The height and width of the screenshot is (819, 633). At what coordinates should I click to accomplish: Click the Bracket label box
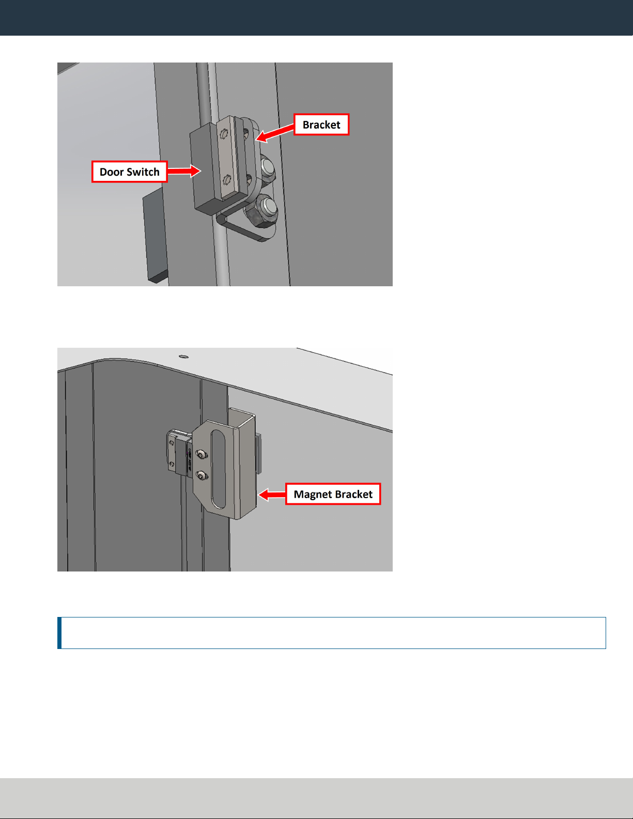pyautogui.click(x=321, y=125)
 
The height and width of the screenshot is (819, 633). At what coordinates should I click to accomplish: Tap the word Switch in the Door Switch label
pyautogui.click(x=143, y=172)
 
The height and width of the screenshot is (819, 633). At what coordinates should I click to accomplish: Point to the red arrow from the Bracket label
pyautogui.click(x=275, y=133)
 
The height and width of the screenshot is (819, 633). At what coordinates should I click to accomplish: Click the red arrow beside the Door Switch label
pyautogui.click(x=184, y=171)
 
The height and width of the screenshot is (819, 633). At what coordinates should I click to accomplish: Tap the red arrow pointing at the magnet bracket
pyautogui.click(x=272, y=495)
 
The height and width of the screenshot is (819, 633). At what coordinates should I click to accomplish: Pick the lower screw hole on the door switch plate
pyautogui.click(x=227, y=180)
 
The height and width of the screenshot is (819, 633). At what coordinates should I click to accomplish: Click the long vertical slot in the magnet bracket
pyautogui.click(x=218, y=469)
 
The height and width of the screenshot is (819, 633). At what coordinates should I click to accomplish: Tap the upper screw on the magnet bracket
pyautogui.click(x=202, y=455)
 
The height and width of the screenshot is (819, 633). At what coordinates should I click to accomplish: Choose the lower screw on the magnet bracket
pyautogui.click(x=202, y=476)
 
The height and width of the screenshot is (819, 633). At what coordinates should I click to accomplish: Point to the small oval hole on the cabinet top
pyautogui.click(x=183, y=356)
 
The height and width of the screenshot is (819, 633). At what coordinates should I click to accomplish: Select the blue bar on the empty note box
pyautogui.click(x=59, y=633)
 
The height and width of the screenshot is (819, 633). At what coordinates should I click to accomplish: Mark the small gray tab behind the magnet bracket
pyautogui.click(x=258, y=454)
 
